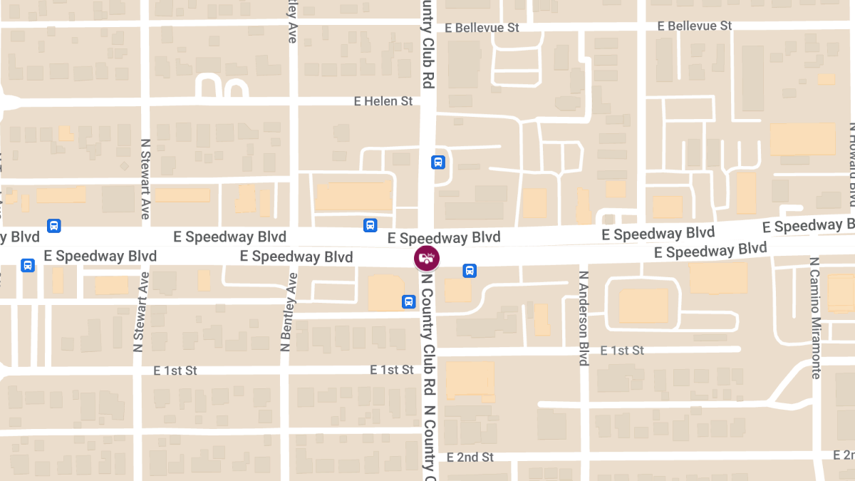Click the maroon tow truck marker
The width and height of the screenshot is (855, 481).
427,259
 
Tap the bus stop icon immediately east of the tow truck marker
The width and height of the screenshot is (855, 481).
470,271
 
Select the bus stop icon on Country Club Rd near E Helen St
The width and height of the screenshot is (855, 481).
438,162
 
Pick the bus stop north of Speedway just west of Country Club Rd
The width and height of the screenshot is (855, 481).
370,225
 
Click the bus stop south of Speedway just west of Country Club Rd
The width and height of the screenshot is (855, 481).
409,301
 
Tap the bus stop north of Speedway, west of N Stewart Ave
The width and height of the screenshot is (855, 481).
53,226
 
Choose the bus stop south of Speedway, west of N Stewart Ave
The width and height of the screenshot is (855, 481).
28,266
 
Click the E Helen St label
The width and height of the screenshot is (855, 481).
383,101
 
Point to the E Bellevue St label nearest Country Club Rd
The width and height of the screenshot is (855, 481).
482,28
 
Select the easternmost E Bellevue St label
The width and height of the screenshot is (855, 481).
695,26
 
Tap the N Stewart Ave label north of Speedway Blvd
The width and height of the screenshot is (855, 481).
145,178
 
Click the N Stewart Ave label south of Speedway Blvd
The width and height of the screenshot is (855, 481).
138,311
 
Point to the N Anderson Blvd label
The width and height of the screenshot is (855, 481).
584,318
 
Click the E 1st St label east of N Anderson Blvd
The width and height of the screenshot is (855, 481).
622,350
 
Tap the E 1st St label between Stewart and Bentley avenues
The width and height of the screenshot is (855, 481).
175,371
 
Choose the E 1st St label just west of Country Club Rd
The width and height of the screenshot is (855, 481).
392,370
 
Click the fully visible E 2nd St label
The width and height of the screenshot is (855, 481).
470,457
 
